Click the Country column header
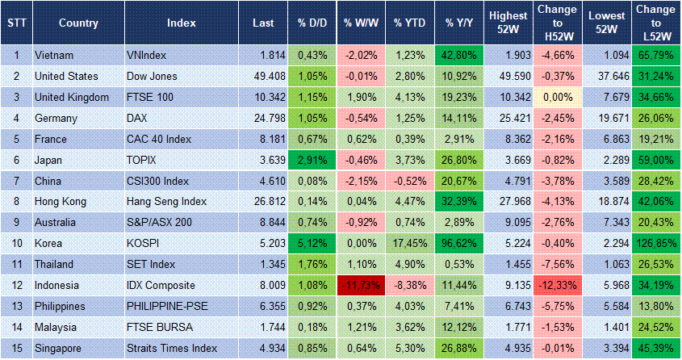pos(79,23)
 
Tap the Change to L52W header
pos(656,23)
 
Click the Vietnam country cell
pos(54,55)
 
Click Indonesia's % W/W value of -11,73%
pos(360,286)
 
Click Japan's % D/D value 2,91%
pos(310,160)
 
